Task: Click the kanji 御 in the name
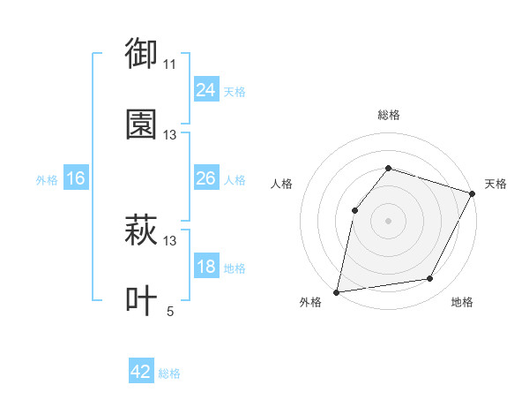tap(141, 55)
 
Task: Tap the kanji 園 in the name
tap(141, 124)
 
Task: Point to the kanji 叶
tap(141, 301)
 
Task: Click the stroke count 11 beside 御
tap(170, 64)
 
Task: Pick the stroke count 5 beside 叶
tap(170, 311)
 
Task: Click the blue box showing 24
tap(205, 90)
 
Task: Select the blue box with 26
tap(205, 178)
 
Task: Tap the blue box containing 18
tap(205, 268)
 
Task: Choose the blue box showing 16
tap(76, 178)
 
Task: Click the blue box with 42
tap(141, 372)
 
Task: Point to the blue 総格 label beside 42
tap(169, 373)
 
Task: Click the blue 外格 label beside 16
tap(47, 179)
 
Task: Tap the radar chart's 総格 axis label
tap(389, 115)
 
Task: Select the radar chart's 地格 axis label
tap(462, 302)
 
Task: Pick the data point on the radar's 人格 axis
tap(354, 209)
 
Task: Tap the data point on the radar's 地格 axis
tap(430, 278)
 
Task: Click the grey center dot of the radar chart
tap(389, 220)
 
